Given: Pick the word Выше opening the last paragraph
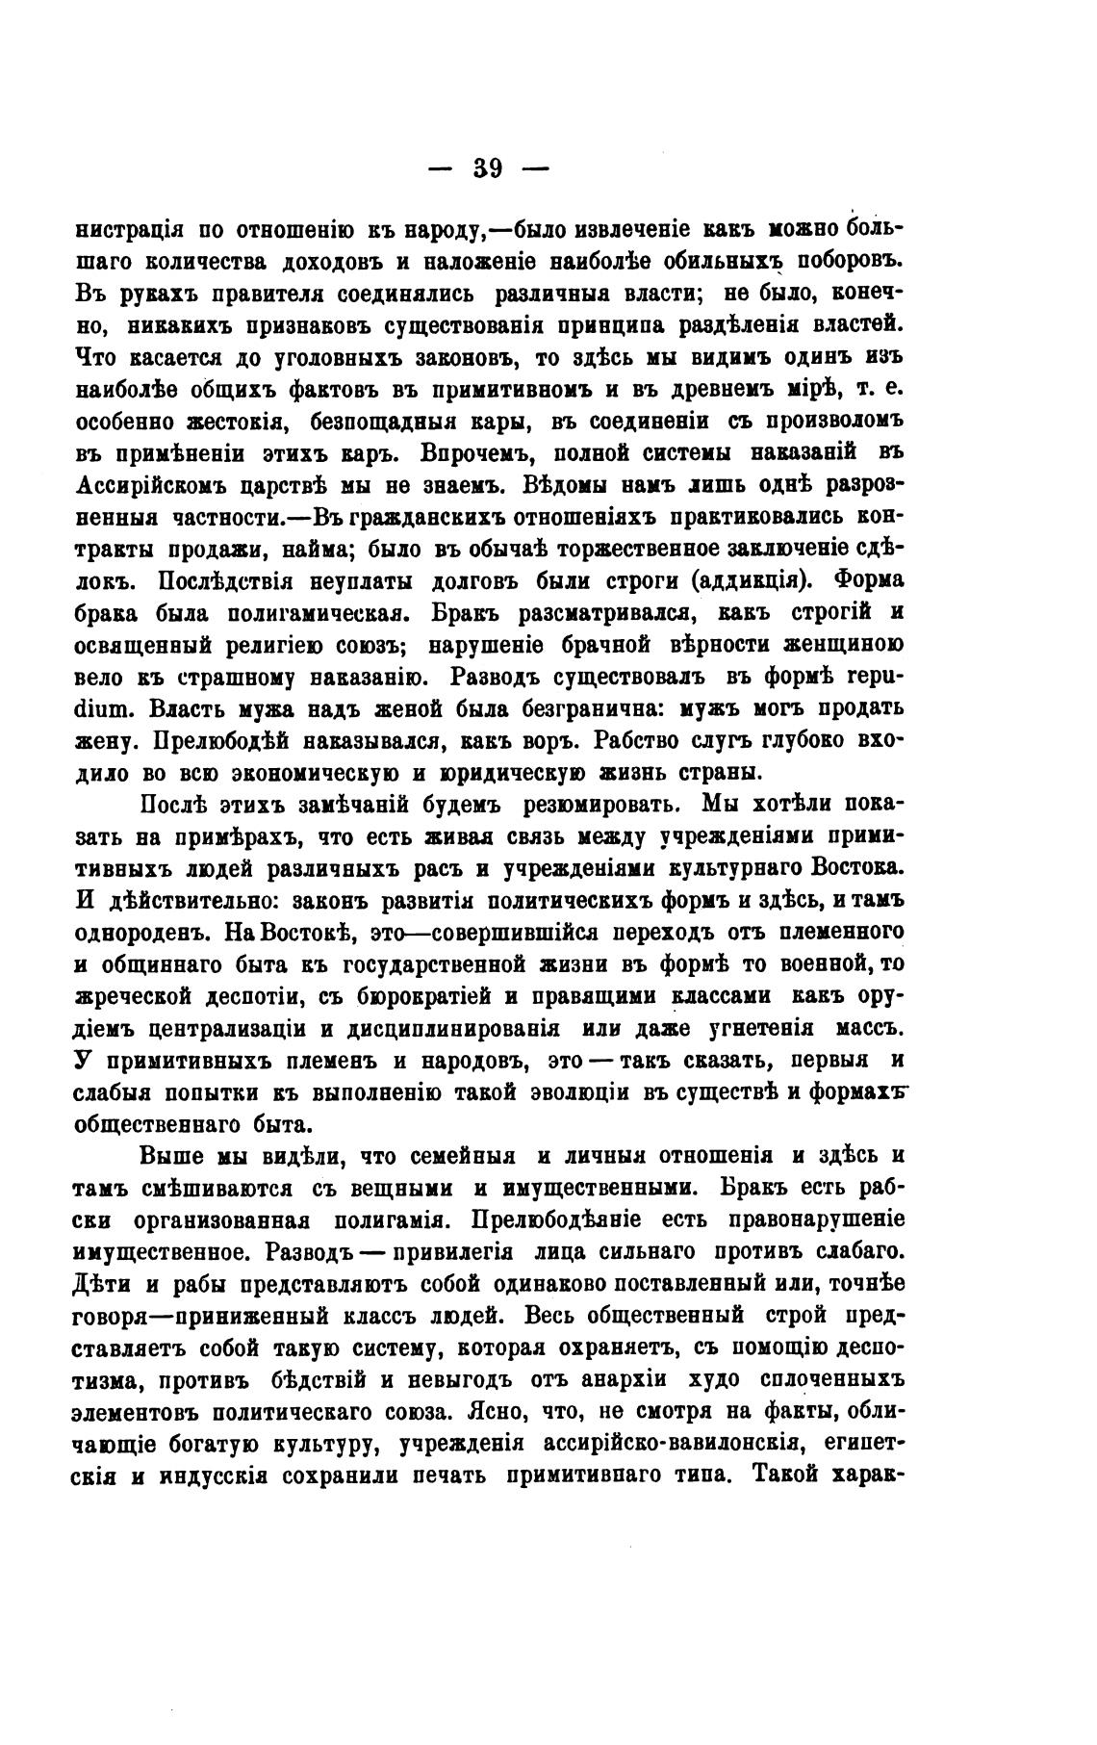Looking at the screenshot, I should click(171, 1155).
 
